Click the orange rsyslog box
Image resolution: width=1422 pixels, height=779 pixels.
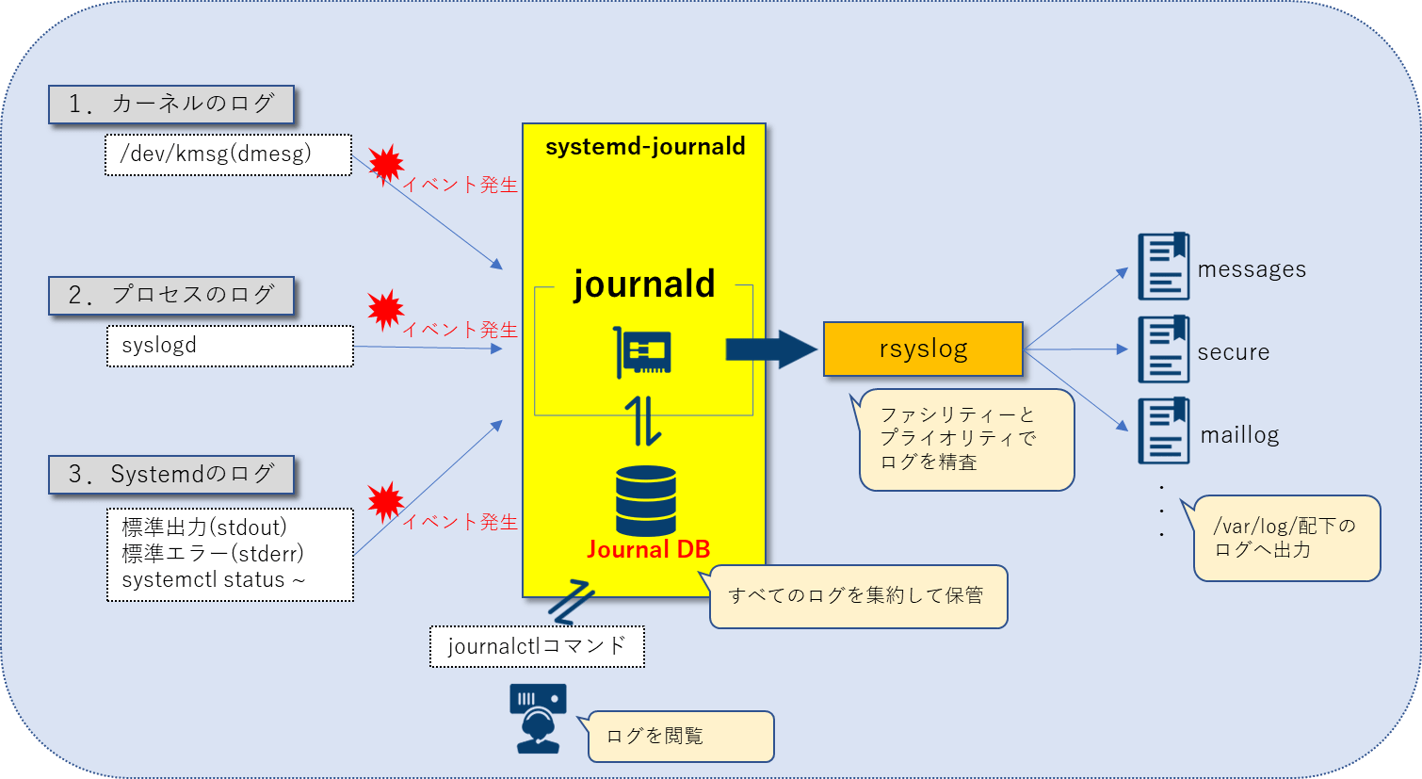coord(923,349)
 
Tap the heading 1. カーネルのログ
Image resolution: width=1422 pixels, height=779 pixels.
coord(171,104)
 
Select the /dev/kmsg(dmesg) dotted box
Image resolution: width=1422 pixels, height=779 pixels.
coord(229,154)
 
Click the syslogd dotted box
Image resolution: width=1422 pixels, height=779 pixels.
coord(230,346)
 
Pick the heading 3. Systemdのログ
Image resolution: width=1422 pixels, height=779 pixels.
coord(171,474)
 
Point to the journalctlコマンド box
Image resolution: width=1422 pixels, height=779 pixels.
coord(537,646)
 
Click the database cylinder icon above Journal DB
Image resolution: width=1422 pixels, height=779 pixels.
coord(646,500)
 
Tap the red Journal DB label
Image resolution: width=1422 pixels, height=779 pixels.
coord(648,549)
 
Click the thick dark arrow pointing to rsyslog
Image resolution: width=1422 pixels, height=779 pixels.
coord(770,349)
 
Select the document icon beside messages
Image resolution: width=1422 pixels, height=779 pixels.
coord(1163,267)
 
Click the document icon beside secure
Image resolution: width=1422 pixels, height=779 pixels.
coord(1163,349)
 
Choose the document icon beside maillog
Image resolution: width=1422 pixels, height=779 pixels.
coord(1163,431)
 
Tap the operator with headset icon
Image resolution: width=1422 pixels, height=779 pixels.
coord(538,718)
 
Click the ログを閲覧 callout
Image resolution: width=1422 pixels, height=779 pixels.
coord(680,737)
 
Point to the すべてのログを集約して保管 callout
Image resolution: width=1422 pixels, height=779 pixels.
coord(857,596)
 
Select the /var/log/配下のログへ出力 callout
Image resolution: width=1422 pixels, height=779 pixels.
coord(1286,538)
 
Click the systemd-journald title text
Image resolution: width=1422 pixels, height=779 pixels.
coord(645,147)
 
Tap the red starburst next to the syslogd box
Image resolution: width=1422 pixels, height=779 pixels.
coord(385,309)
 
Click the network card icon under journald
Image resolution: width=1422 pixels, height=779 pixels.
coord(643,352)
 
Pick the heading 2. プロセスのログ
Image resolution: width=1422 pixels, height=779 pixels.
coord(171,295)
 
